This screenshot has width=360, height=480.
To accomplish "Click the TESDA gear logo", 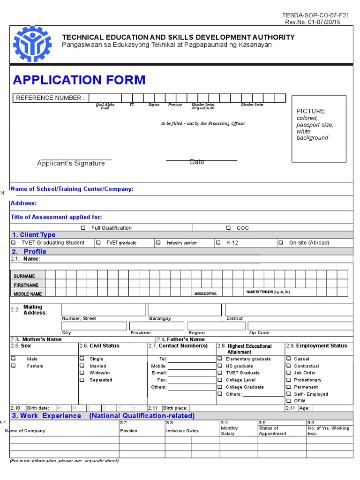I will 31,44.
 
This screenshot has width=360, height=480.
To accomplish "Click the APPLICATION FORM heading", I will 79,80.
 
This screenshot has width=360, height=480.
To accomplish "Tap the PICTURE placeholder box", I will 319,128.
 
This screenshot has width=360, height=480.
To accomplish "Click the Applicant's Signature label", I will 71,163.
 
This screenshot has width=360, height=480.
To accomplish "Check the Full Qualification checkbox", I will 83,228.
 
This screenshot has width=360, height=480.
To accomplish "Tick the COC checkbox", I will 228,228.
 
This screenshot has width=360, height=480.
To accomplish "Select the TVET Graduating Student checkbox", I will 13,243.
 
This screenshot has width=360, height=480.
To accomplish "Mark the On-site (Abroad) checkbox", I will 280,243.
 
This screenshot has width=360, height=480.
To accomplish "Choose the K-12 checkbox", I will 218,243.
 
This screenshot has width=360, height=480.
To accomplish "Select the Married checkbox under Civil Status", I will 82,366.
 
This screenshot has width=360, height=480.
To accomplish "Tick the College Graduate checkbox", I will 219,387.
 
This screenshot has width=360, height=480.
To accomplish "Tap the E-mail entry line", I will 191,373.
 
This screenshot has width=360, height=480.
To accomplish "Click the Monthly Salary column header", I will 229,431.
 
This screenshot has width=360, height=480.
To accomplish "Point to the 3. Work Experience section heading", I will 46,416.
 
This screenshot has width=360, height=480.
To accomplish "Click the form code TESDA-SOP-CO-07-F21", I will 316,15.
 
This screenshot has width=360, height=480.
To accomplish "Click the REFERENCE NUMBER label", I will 50,98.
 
